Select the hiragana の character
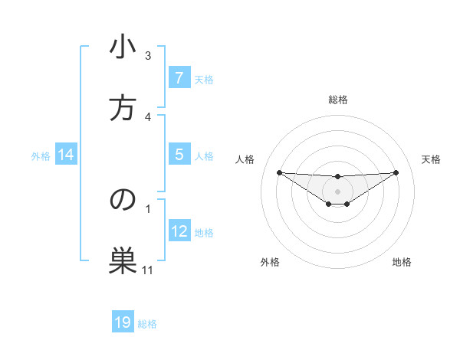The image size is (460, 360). pos(123,199)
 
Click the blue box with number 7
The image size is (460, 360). pos(179,78)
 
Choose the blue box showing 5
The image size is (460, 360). pos(179,155)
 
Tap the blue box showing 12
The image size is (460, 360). pos(179,231)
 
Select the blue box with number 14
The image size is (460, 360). pos(66,155)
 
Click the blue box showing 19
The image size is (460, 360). pos(123,322)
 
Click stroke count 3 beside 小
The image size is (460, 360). pos(148,56)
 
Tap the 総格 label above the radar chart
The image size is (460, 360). pos(337,100)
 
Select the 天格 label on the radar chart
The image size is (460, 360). pos(432,159)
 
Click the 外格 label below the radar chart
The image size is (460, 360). pos(270,262)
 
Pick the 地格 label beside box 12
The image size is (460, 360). pos(204,232)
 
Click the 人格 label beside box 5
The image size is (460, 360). pos(204,155)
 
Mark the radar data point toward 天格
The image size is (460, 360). pos(396,172)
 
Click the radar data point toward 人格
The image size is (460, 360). pos(279,172)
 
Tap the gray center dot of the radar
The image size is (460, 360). pos(337,191)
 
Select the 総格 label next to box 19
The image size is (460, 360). pos(147,323)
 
